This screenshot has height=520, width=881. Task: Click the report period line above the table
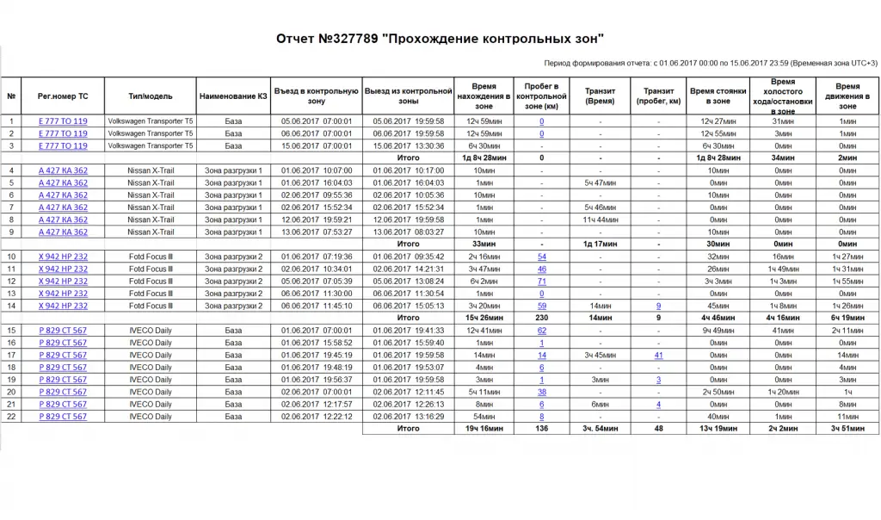712,63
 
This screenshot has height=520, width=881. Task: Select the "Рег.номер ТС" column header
63,96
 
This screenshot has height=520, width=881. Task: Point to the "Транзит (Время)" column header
600,96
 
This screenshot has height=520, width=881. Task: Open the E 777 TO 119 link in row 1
63,121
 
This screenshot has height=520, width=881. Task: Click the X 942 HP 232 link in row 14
63,306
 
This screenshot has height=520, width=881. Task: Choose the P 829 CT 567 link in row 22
63,417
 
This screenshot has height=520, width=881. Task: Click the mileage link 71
542,282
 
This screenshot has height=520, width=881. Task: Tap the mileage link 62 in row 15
542,331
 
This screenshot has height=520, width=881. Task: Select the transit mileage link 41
658,355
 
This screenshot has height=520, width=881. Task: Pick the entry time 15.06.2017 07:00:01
316,145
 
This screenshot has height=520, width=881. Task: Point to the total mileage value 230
542,318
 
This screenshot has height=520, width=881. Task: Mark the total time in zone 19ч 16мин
484,429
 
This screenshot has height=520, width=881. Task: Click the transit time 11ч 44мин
600,220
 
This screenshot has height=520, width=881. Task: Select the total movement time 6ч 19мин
847,318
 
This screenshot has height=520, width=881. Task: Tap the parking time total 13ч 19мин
717,429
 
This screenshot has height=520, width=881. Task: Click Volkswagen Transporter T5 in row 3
151,145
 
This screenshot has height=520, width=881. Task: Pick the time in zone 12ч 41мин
484,331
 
